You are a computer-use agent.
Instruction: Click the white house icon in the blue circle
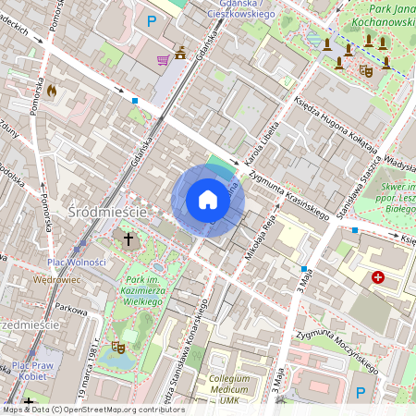tap(208, 201)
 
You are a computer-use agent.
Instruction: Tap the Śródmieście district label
tap(107, 213)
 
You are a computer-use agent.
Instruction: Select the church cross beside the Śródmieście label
tap(128, 240)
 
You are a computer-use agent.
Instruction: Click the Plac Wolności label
tap(77, 263)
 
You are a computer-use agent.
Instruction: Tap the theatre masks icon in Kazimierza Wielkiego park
tap(117, 347)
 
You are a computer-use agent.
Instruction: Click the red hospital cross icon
tap(378, 277)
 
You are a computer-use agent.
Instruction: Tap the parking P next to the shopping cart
tap(153, 21)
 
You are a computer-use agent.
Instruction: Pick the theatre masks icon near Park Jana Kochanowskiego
tap(366, 67)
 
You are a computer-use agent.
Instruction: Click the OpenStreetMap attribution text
tap(92, 410)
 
